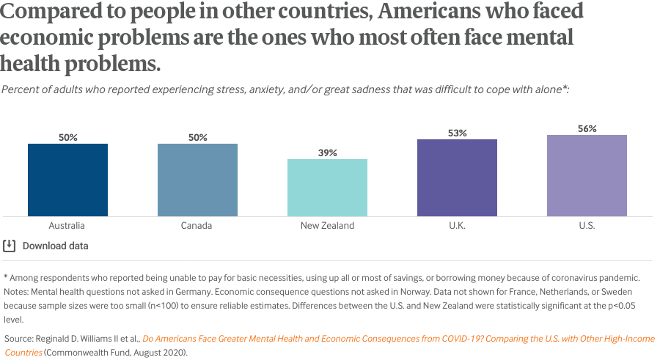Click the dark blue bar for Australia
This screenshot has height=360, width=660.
[x=67, y=180]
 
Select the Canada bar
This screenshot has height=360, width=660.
[x=197, y=180]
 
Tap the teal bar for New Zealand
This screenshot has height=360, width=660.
[x=327, y=188]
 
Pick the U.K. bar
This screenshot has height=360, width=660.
[x=457, y=177]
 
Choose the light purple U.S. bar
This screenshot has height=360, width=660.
[x=587, y=175]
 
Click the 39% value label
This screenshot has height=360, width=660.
[x=327, y=153]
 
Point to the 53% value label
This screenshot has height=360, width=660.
[x=457, y=133]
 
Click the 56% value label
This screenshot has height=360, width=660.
[x=587, y=128]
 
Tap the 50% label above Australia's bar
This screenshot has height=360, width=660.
[x=67, y=137]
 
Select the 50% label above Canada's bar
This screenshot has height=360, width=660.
[x=197, y=137]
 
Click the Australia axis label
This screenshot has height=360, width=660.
[x=67, y=226]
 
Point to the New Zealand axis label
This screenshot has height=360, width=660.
[x=327, y=226]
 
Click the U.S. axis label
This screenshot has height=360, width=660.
[x=587, y=226]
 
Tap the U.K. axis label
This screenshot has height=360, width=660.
[x=457, y=226]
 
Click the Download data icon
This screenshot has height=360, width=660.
[x=10, y=246]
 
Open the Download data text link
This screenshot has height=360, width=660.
[x=56, y=246]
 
